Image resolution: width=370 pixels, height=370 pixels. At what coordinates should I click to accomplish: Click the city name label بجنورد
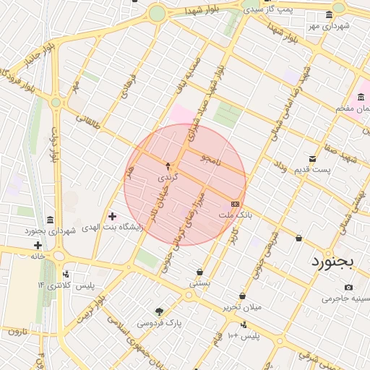(x=332, y=261)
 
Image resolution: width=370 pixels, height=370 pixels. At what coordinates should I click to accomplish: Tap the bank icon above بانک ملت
(x=236, y=205)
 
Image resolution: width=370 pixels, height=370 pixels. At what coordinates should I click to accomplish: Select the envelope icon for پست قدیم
(x=312, y=158)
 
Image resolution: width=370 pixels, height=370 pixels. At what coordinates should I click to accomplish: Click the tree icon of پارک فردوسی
(x=159, y=312)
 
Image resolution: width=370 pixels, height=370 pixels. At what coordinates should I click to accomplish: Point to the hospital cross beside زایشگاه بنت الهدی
(x=112, y=216)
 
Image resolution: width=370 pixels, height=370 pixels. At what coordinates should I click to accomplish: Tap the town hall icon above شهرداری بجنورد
(x=49, y=220)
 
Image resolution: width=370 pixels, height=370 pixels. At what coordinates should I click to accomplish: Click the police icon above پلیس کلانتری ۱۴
(x=66, y=275)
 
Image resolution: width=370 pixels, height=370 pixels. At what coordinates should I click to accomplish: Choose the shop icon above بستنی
(x=199, y=272)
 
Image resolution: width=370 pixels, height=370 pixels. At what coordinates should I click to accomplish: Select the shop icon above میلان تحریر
(x=242, y=296)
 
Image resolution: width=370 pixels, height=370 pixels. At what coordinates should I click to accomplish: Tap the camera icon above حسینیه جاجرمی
(x=348, y=288)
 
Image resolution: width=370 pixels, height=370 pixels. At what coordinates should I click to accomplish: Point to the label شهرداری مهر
(x=327, y=26)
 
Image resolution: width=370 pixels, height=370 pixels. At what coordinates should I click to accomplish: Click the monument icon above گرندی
(x=168, y=166)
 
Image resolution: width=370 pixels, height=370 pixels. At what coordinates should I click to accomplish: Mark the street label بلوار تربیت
(x=92, y=309)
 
